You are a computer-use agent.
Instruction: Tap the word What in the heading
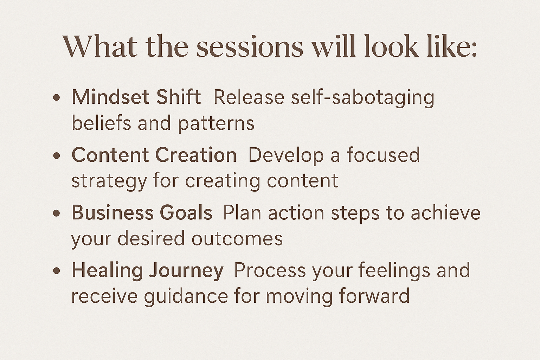[x=100, y=46]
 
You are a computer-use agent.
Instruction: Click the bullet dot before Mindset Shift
[x=56, y=98]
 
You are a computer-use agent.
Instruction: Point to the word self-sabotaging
[x=362, y=99]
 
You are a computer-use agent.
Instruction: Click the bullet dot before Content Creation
[x=56, y=155]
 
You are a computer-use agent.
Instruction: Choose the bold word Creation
[x=196, y=155]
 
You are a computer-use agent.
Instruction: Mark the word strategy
[x=109, y=182]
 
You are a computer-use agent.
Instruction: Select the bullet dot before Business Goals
[x=56, y=213]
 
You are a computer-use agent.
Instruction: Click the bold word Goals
[x=186, y=212]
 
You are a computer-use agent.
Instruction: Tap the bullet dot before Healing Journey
[x=56, y=271]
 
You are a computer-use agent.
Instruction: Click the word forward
[x=374, y=296]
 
